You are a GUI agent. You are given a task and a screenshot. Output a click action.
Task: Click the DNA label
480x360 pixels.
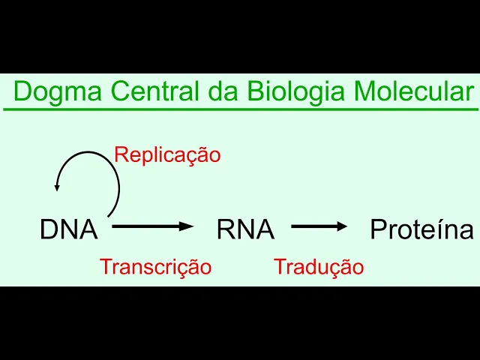pos(69,229)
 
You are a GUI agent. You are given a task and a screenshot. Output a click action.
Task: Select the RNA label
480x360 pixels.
pos(245,229)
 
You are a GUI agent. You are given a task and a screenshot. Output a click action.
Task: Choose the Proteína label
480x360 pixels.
pos(421,229)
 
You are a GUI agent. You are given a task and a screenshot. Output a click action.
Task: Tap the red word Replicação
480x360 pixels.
pos(167,155)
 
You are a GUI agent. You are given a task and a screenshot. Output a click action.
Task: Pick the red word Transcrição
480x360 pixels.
pos(156,266)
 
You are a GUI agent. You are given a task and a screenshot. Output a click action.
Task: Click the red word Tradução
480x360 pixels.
pos(319,266)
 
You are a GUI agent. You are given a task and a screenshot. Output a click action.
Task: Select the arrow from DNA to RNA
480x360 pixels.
pos(153,225)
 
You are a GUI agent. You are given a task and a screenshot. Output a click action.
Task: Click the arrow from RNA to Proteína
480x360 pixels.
pos(319,225)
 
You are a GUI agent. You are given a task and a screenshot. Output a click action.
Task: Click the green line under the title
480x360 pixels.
pos(240,109)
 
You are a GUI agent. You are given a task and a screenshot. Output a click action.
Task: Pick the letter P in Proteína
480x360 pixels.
pos(377,229)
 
